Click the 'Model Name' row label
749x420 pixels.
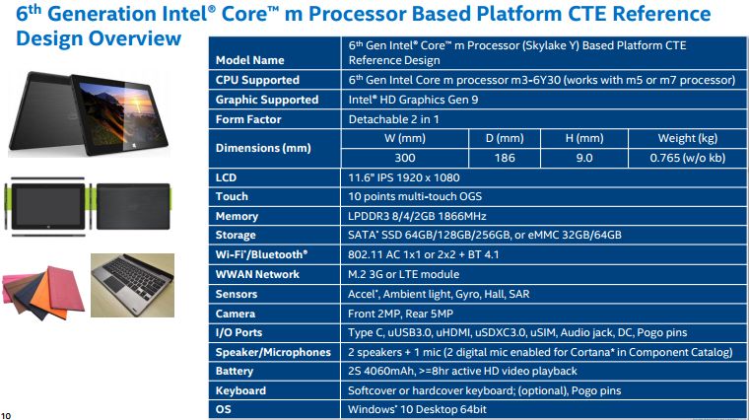[x=249, y=60]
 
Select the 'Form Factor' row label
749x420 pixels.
[x=248, y=119]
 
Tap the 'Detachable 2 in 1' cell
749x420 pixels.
[x=393, y=119]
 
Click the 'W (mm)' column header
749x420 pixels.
[x=405, y=139]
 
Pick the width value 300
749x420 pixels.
[x=405, y=158]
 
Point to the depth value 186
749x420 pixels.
[x=505, y=158]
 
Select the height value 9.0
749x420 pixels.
[x=584, y=158]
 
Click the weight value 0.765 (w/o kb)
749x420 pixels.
[x=687, y=158]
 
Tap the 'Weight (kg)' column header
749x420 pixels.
[x=687, y=139]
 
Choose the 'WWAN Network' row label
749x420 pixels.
[x=257, y=274]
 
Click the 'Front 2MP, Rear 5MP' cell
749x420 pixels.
[x=400, y=314]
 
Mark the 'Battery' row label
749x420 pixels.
[x=235, y=372]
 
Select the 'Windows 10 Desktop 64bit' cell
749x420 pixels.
[x=417, y=409]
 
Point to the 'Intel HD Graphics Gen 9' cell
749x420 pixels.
[x=413, y=100]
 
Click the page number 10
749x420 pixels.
[x=6, y=416]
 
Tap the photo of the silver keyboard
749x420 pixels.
[x=132, y=285]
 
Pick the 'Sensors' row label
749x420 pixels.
[x=236, y=294]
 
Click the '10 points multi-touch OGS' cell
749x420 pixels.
[x=415, y=196]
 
